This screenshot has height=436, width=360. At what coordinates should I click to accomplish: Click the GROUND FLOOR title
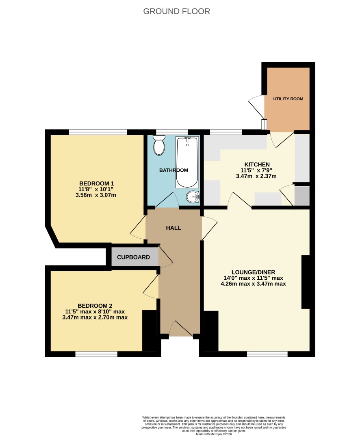tap(176, 11)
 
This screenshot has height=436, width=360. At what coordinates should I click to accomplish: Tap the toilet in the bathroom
tap(159, 145)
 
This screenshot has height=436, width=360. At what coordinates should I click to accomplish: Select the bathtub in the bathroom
tap(187, 162)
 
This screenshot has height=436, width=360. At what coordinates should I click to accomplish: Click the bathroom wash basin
tap(193, 197)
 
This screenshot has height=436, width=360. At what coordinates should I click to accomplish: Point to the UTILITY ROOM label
tap(288, 99)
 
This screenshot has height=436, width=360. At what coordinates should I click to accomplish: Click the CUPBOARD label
tap(133, 257)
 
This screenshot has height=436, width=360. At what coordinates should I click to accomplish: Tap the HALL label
tap(173, 228)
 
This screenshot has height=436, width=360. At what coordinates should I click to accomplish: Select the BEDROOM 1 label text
tap(96, 183)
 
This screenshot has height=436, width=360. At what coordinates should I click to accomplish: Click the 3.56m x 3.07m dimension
tap(96, 195)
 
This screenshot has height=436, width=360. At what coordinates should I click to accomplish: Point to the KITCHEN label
tap(257, 164)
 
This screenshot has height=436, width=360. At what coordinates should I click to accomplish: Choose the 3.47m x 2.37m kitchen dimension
tap(256, 176)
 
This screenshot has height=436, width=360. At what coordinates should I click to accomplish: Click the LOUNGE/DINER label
tap(253, 272)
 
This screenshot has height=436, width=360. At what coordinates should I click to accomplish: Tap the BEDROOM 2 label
tap(95, 306)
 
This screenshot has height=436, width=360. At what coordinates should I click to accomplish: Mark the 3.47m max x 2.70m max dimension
tap(95, 317)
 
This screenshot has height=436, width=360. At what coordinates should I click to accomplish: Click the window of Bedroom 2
tap(96, 354)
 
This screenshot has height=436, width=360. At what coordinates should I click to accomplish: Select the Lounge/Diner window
tap(267, 354)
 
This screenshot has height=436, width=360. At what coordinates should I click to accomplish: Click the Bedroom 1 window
tap(98, 132)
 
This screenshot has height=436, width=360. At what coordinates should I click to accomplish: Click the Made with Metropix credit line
tap(214, 434)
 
